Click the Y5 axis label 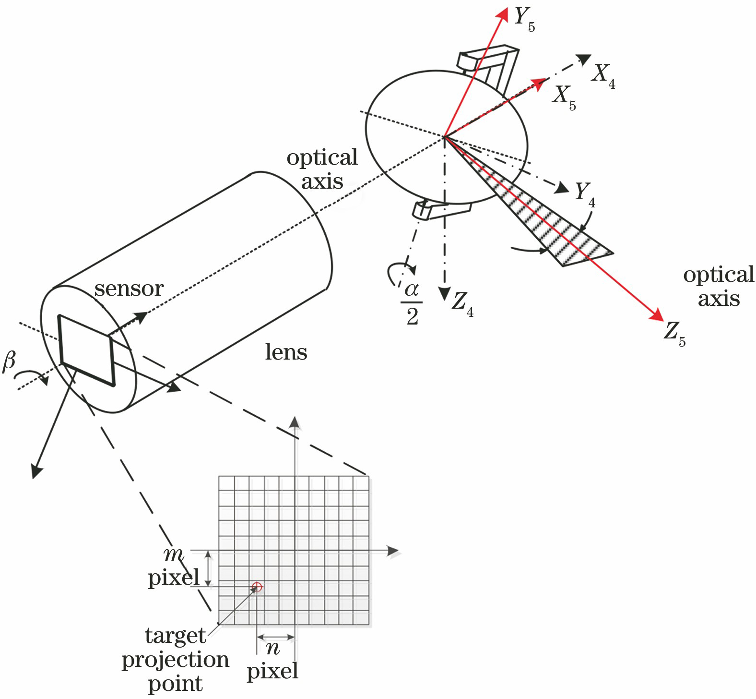tap(524, 19)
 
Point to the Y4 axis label tap(585, 194)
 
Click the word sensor tap(129, 289)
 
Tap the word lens tap(286, 352)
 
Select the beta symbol tap(9, 361)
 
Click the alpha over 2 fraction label tap(412, 303)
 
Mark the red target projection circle tap(257, 587)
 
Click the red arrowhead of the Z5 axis tap(657, 315)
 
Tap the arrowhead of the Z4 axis tap(445, 293)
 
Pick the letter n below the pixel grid tap(272, 649)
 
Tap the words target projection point tap(175, 660)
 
